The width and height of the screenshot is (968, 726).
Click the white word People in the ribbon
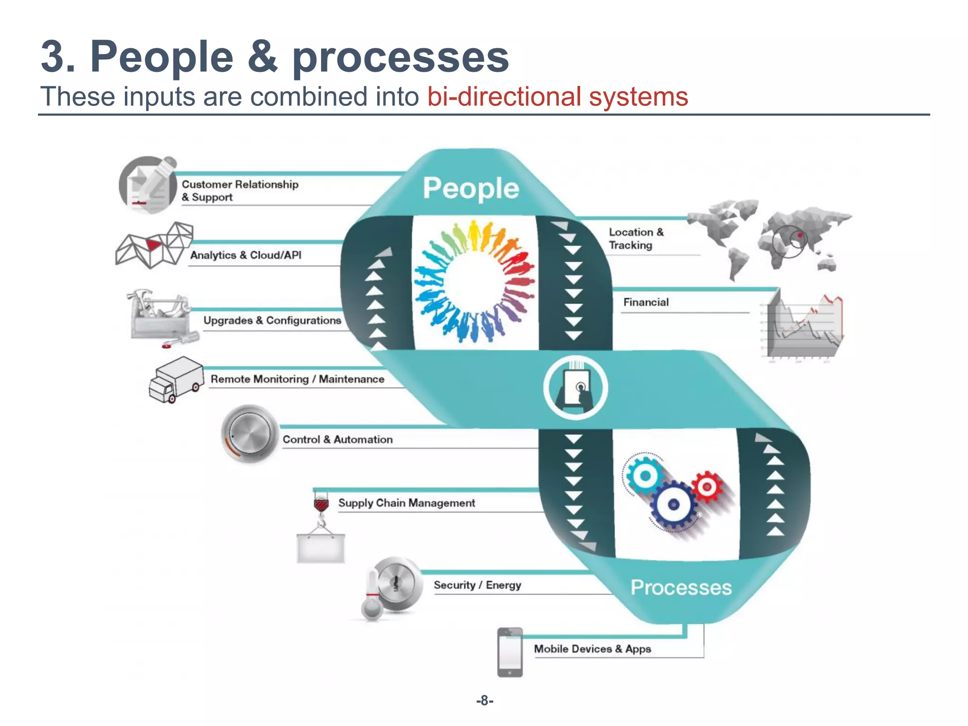pyautogui.click(x=471, y=188)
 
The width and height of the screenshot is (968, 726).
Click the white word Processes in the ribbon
pyautogui.click(x=681, y=588)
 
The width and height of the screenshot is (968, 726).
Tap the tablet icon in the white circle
pyautogui.click(x=575, y=388)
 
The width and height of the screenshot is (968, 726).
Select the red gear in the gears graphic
pyautogui.click(x=707, y=487)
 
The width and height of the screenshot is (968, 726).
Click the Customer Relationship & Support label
pyautogui.click(x=240, y=190)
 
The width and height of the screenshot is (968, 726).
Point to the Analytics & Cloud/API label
pyautogui.click(x=245, y=255)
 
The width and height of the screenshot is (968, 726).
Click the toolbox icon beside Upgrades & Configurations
pyautogui.click(x=159, y=316)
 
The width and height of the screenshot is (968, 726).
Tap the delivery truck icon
pyautogui.click(x=175, y=380)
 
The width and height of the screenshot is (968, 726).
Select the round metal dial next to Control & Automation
pyautogui.click(x=249, y=433)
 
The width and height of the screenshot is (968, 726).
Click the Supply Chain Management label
pyautogui.click(x=406, y=503)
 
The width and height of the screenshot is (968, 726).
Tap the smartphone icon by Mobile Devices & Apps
pyautogui.click(x=510, y=652)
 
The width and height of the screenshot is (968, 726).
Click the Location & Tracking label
pyautogui.click(x=636, y=239)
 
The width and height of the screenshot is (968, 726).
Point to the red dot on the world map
pyautogui.click(x=800, y=235)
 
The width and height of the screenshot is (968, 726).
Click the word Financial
pyautogui.click(x=646, y=302)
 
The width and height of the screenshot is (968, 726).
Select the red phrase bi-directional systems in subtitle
pyautogui.click(x=557, y=97)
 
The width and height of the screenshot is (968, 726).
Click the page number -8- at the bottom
pyautogui.click(x=484, y=700)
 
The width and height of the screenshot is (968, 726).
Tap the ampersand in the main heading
pyautogui.click(x=263, y=58)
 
